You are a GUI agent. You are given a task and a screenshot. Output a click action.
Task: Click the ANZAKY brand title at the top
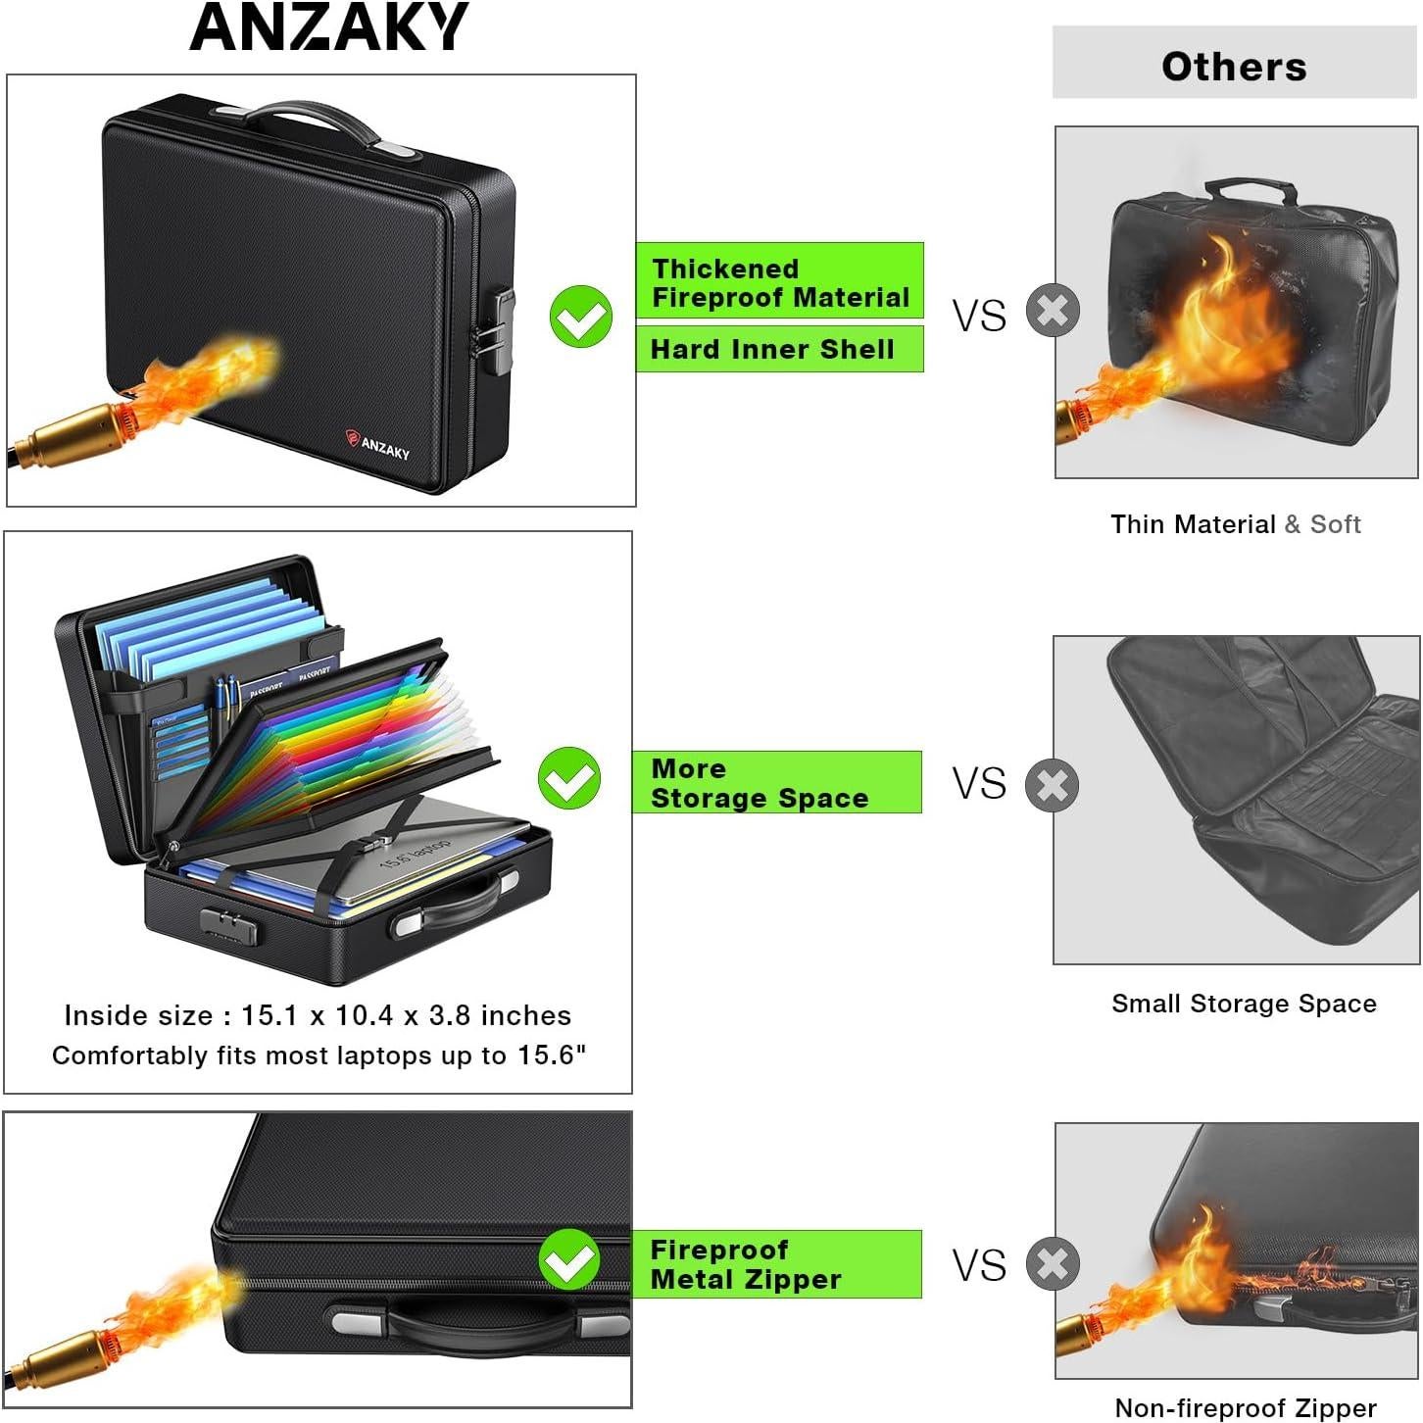[329, 27]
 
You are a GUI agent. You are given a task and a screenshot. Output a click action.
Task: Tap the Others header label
[1234, 67]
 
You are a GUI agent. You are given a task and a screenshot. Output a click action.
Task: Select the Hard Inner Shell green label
[779, 350]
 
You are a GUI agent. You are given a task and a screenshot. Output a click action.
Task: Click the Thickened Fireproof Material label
[779, 282]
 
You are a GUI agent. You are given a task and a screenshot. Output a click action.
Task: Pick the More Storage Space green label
[777, 783]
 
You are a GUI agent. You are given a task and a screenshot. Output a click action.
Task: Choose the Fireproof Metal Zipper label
[777, 1264]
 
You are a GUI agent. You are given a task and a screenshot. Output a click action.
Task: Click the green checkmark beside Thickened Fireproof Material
[580, 316]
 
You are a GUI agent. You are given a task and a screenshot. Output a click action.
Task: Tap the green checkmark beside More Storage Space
[568, 778]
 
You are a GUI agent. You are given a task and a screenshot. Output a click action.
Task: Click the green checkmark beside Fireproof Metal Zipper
[568, 1260]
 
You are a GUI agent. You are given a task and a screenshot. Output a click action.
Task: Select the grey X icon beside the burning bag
[1053, 312]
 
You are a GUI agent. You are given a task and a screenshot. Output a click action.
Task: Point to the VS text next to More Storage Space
[979, 784]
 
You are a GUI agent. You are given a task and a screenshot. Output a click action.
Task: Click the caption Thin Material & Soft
[1235, 524]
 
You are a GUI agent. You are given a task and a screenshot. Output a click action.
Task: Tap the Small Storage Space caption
[1244, 1004]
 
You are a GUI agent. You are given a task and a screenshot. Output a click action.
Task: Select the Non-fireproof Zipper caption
[1246, 1408]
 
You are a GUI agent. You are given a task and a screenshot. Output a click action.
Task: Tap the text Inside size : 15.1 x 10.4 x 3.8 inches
[318, 1015]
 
